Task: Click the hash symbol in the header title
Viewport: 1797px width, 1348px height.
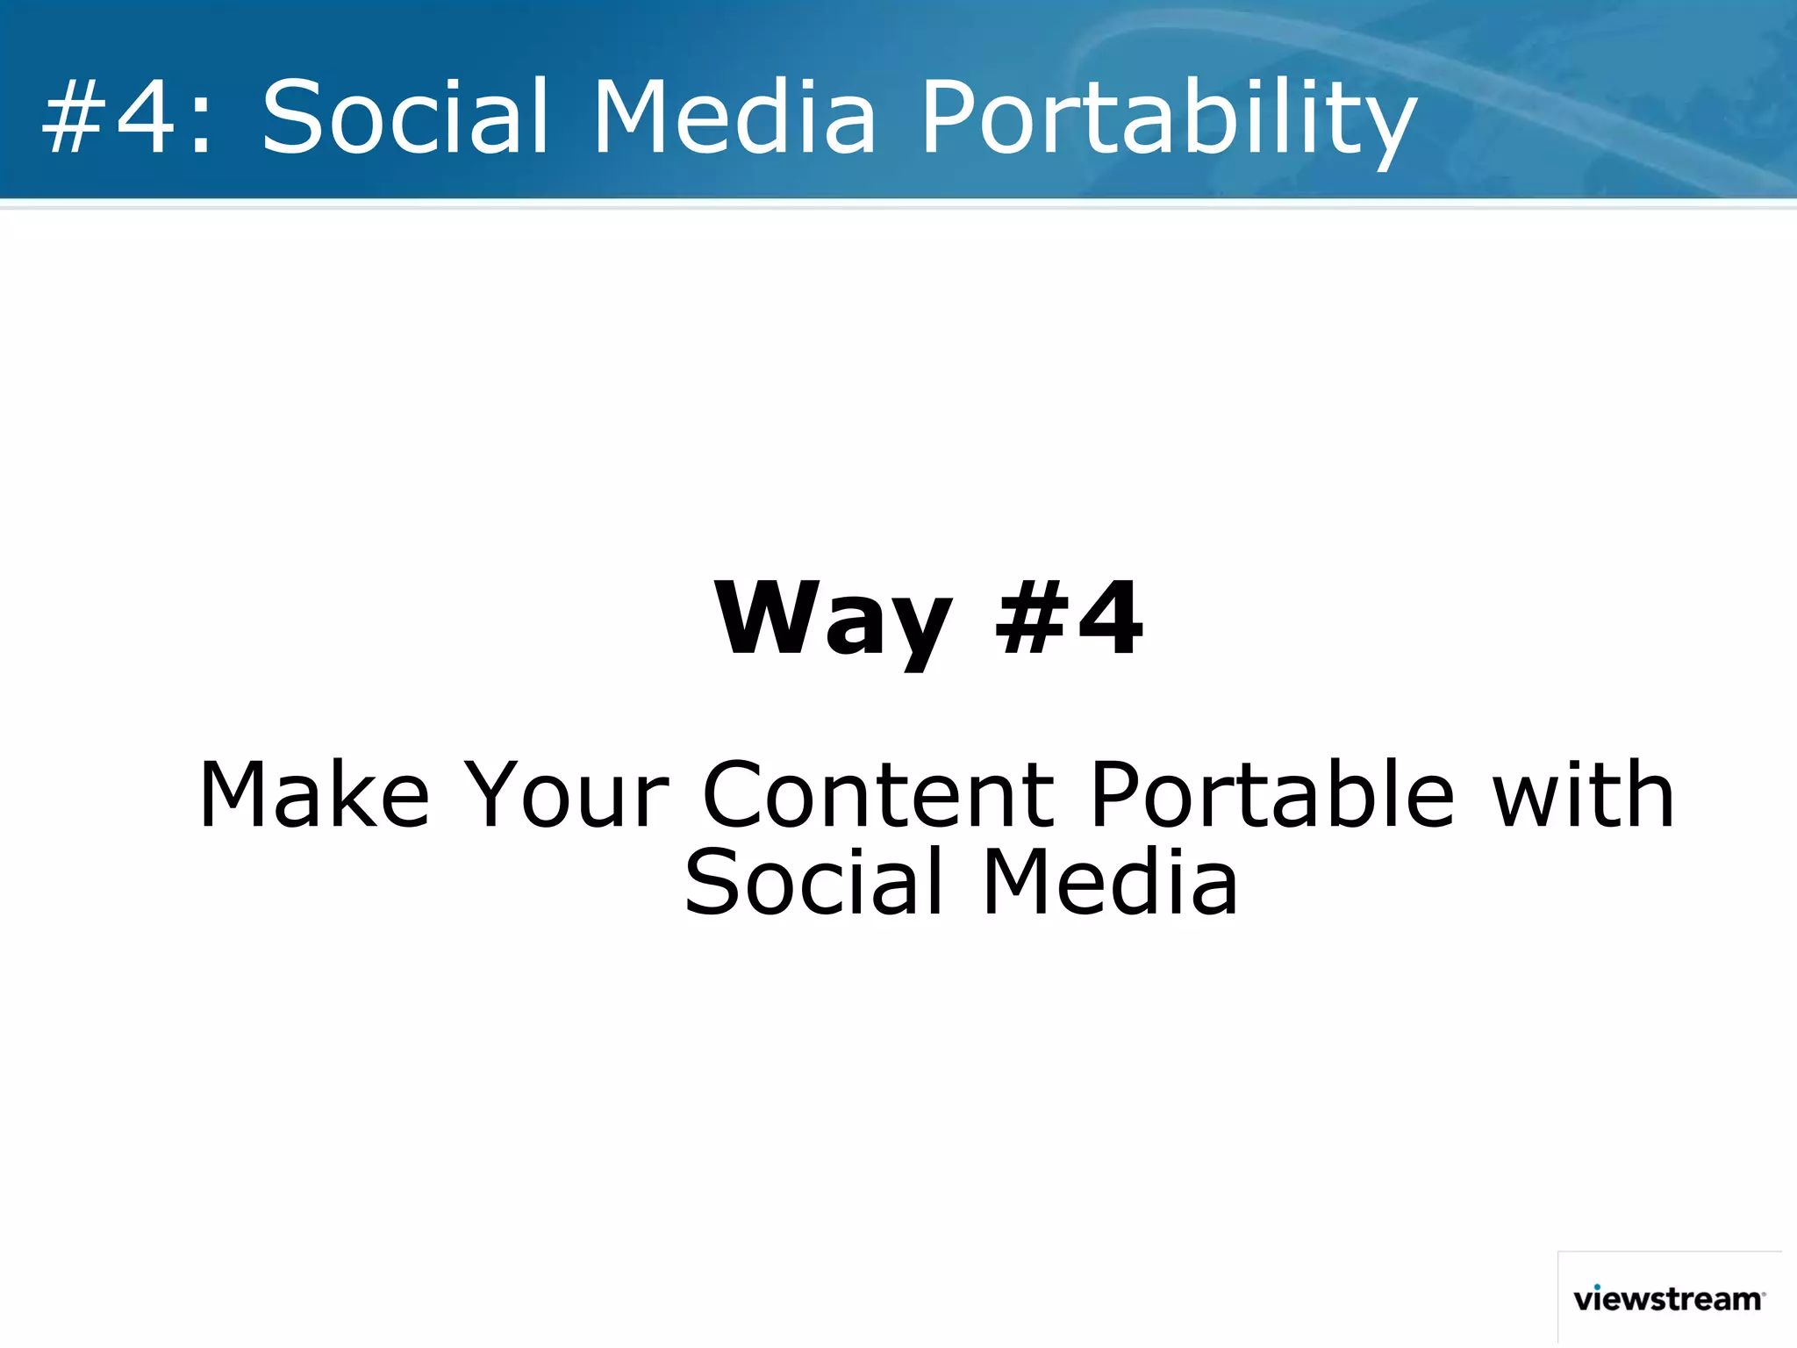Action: click(x=75, y=118)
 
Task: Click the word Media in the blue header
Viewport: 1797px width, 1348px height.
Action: click(x=734, y=116)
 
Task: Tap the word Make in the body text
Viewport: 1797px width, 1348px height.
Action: click(x=314, y=795)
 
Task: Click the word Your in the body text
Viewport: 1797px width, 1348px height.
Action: click(x=566, y=795)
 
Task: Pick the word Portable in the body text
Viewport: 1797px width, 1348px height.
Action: click(x=1272, y=795)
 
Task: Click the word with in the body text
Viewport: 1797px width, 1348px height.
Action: click(x=1583, y=795)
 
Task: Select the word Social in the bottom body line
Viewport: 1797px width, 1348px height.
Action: click(x=814, y=882)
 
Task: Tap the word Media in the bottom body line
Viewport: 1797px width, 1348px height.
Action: click(x=1109, y=882)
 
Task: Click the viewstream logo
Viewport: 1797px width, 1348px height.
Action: click(x=1668, y=1299)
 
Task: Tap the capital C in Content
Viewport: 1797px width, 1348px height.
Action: click(x=739, y=795)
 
